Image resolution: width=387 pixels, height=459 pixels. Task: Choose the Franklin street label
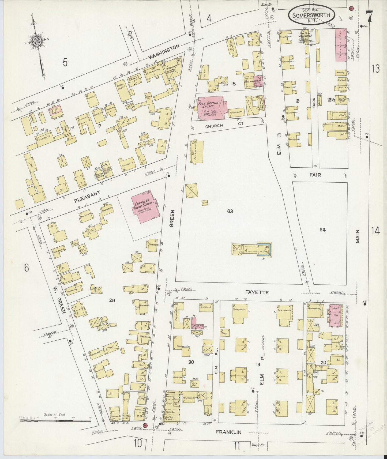click(229, 432)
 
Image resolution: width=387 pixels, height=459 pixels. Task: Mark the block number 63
click(230, 211)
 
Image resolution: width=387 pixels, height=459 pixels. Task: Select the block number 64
click(322, 229)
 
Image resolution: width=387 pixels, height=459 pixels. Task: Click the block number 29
click(112, 300)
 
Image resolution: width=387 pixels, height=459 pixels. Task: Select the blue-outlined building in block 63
click(264, 250)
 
